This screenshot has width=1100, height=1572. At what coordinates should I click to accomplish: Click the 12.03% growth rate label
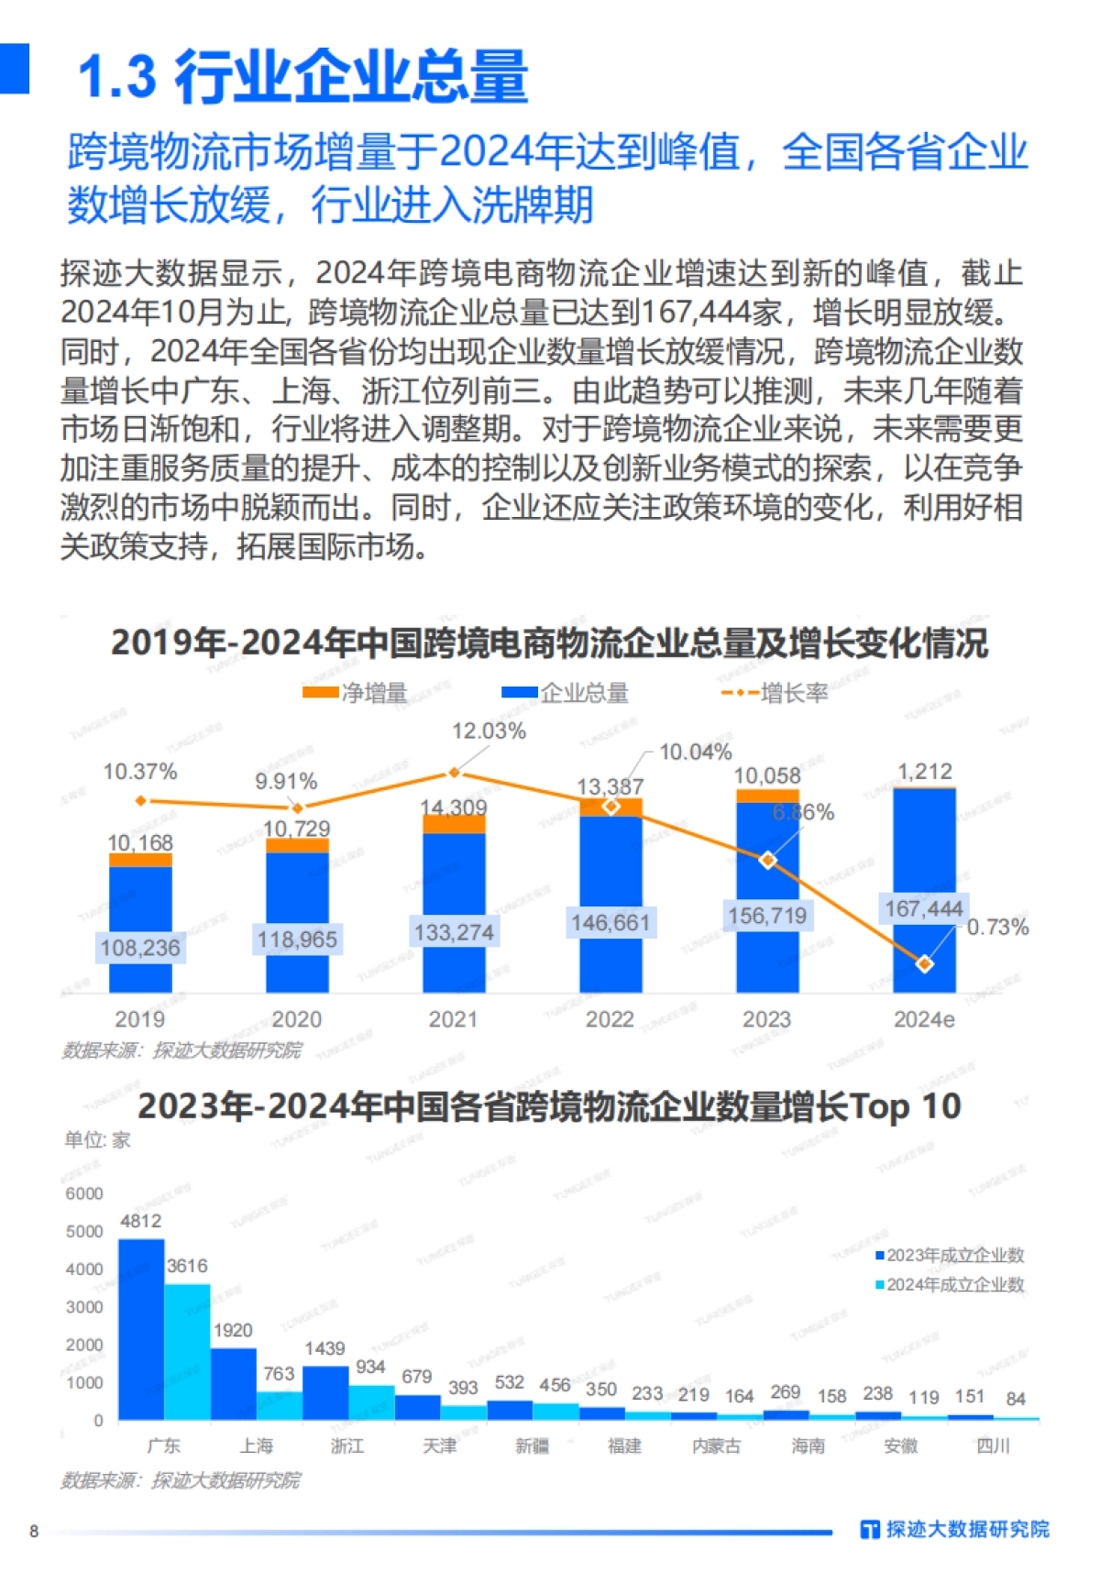pos(489,731)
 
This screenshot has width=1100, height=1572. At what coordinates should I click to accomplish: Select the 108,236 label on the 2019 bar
pos(140,947)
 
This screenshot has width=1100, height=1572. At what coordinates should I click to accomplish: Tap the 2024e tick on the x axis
pos(924,1019)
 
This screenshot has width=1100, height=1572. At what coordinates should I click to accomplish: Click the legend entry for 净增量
pos(356,693)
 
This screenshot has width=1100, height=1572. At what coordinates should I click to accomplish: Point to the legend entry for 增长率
pos(775,693)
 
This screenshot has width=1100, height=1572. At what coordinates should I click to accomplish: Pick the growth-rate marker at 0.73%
pos(925,963)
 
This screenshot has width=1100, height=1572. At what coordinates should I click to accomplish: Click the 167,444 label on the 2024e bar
pos(923,909)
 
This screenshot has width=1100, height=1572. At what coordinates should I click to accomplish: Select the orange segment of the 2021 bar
pos(454,823)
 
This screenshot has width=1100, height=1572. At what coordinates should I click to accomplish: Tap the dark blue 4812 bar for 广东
pos(141,1329)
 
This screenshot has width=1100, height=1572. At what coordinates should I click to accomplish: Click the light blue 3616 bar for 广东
pos(188,1351)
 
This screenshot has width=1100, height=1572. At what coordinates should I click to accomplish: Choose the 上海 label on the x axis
pos(257,1446)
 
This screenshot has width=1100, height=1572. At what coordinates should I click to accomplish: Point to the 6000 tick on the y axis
pos(84,1193)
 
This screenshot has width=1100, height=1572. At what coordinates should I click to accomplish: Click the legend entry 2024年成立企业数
pos(950,1285)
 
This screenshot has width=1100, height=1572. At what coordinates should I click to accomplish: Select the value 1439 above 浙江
pos(324,1348)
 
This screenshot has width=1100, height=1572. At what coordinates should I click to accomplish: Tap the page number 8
pos(34,1531)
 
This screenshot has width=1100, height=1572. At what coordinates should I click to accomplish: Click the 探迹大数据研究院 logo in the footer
pos(954,1529)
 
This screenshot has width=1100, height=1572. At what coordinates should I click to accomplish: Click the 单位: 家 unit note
pos(97,1139)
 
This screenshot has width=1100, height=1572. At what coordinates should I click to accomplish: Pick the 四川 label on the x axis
pos(993,1446)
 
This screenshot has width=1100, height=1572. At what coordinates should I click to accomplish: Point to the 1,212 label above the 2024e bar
pos(924,772)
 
